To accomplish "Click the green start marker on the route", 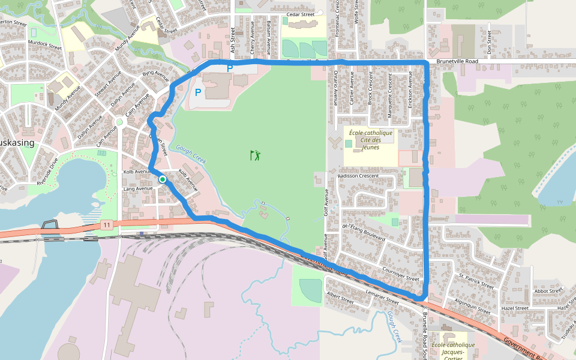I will [x=162, y=179].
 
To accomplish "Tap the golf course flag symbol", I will [x=256, y=155].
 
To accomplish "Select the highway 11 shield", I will [x=106, y=224].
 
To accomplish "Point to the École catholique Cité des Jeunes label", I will [x=370, y=140].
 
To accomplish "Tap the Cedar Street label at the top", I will [x=301, y=14].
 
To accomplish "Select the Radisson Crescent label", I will [x=359, y=176].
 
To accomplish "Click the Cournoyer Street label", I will [x=400, y=274].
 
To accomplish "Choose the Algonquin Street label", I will [x=473, y=306].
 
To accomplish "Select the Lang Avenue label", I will [x=138, y=188].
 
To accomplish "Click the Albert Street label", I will [x=340, y=298].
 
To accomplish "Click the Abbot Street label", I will [x=549, y=290].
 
